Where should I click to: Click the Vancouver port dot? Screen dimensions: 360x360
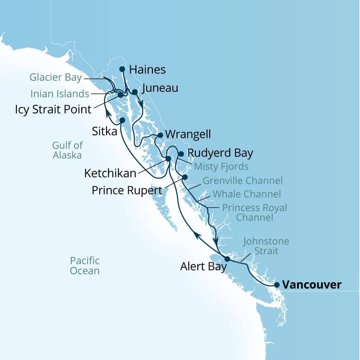click(x=277, y=285)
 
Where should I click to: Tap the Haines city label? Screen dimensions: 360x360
click(x=147, y=70)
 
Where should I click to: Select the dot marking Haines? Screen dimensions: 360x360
click(x=122, y=69)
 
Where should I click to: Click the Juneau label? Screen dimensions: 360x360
click(x=160, y=88)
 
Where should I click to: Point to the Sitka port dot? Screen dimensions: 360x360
click(x=122, y=120)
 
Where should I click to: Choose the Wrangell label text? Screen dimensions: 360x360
click(x=188, y=134)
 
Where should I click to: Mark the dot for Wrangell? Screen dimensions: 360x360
click(x=160, y=135)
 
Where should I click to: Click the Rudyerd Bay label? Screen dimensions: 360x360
click(x=220, y=153)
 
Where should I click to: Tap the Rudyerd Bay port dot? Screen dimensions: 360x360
click(x=181, y=154)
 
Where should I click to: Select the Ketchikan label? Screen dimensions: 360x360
click(x=110, y=173)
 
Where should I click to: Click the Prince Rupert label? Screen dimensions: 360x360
click(x=127, y=190)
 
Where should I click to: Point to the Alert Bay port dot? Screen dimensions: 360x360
click(x=227, y=259)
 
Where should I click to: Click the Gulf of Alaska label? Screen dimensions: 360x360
click(x=67, y=150)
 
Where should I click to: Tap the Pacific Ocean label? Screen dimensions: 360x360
click(x=84, y=265)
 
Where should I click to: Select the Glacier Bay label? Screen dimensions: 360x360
click(x=56, y=77)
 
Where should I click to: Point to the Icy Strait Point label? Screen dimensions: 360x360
click(x=53, y=109)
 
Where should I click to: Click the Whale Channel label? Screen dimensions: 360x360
click(x=247, y=194)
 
